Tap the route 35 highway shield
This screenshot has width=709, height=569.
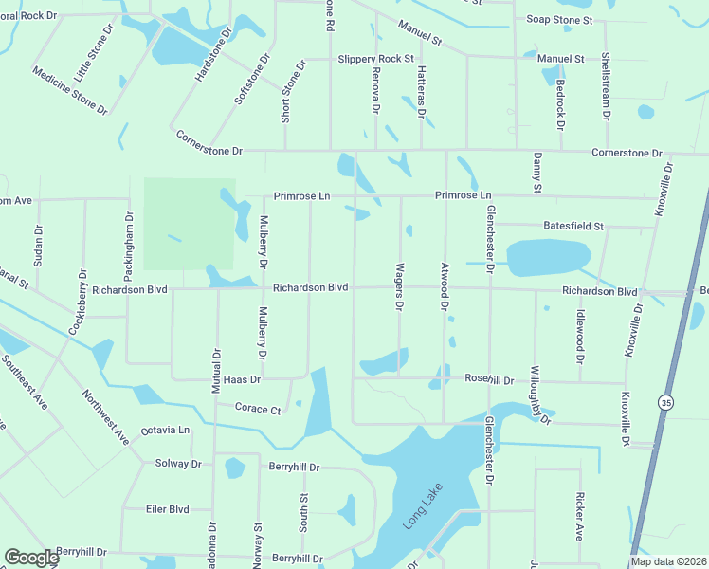point(667,403)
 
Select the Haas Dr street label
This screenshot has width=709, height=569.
point(242,378)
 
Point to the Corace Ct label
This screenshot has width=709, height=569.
point(258,410)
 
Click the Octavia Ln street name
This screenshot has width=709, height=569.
point(166,431)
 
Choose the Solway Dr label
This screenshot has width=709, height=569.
point(178,465)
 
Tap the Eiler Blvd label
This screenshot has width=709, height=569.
point(168,509)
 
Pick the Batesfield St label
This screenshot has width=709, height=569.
point(573,227)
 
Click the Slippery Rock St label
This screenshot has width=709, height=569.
point(376,59)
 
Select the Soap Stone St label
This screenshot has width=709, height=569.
point(559,20)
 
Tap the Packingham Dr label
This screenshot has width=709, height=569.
point(128,240)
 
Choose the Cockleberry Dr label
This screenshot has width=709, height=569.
point(77,302)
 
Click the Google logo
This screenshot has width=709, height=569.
point(31,558)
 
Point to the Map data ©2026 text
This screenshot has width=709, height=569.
point(667,561)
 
